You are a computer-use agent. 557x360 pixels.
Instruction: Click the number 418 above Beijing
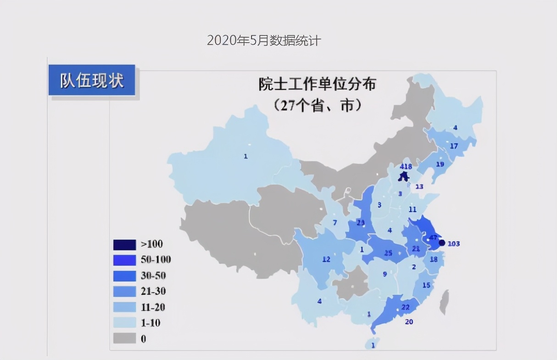tap(406, 167)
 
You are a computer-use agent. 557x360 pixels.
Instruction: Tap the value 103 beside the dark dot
tap(453, 243)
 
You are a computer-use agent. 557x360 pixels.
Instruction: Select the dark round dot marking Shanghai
tap(442, 243)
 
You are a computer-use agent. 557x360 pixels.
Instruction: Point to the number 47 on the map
tap(433, 237)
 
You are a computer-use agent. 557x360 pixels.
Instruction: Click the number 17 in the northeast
tap(454, 146)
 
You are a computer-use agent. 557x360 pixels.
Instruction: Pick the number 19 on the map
tap(440, 164)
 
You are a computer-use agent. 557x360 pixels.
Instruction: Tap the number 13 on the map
tap(419, 187)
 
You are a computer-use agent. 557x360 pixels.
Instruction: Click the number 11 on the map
tap(412, 209)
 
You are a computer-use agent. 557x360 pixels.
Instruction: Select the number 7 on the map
tap(335, 223)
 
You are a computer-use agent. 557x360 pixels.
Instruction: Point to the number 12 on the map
tap(326, 259)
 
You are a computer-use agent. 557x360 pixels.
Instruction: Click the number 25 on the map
tap(388, 253)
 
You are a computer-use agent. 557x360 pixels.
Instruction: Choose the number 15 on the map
tap(426, 285)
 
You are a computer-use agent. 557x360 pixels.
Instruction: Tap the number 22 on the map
tap(405, 307)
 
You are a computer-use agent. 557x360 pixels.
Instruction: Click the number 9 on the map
tap(385, 274)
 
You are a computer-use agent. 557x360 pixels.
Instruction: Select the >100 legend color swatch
tap(125, 244)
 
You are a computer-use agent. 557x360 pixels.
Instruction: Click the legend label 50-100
tap(156, 260)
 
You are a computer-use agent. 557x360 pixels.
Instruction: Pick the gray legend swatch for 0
tap(125, 339)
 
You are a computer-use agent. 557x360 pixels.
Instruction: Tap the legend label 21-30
tap(153, 291)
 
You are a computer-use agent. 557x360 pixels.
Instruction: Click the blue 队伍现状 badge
tap(92, 80)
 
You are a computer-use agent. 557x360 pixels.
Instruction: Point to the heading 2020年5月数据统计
tap(264, 41)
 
